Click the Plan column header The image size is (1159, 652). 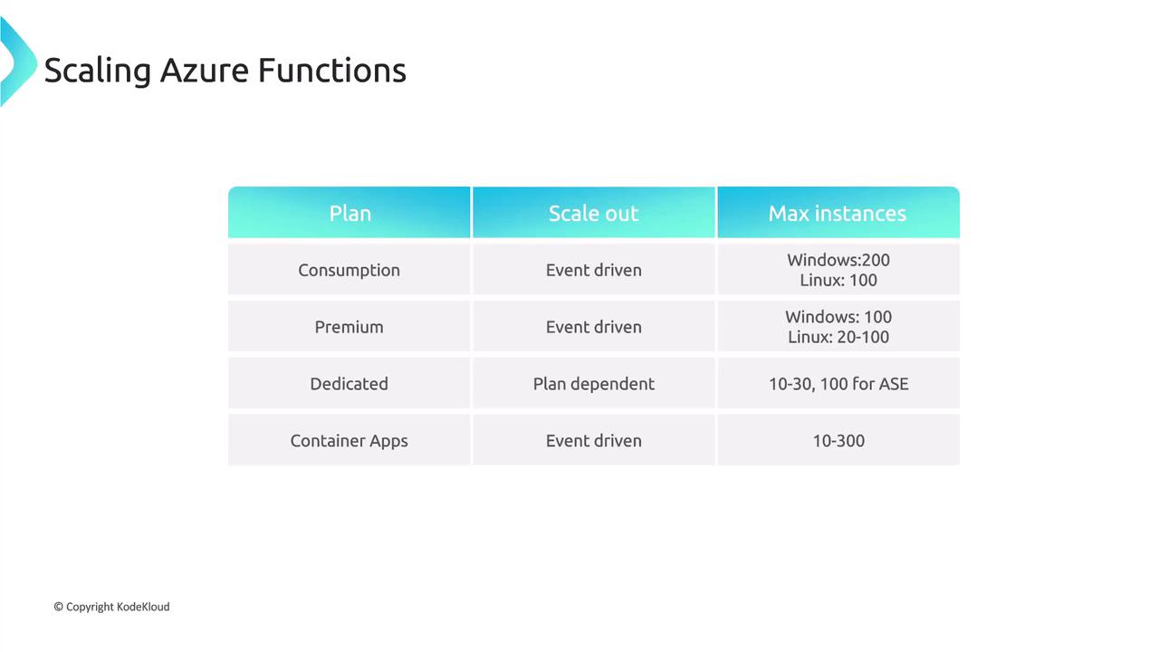pyautogui.click(x=350, y=213)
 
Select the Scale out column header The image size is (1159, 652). pyautogui.click(x=593, y=213)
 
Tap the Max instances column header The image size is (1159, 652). pyautogui.click(x=838, y=213)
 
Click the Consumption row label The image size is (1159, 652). pyautogui.click(x=350, y=270)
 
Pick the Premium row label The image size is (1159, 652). pyautogui.click(x=350, y=327)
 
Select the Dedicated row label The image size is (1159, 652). pyautogui.click(x=350, y=384)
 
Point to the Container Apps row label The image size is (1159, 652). pyautogui.click(x=350, y=441)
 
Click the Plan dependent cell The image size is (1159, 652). pyautogui.click(x=593, y=384)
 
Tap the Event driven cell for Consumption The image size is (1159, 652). pyautogui.click(x=593, y=270)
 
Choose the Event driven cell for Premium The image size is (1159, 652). pyautogui.click(x=593, y=327)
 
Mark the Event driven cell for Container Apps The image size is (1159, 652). pyautogui.click(x=593, y=441)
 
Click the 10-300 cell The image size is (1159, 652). pyautogui.click(x=838, y=441)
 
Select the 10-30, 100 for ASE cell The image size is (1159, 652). pyautogui.click(x=838, y=384)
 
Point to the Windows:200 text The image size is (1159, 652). pyautogui.click(x=838, y=260)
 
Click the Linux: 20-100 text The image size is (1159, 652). pyautogui.click(x=838, y=337)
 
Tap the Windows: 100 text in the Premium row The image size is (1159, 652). pyautogui.click(x=838, y=317)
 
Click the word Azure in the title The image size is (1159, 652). pyautogui.click(x=205, y=71)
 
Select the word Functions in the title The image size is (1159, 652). pyautogui.click(x=331, y=71)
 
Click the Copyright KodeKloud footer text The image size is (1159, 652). pyautogui.click(x=111, y=607)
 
